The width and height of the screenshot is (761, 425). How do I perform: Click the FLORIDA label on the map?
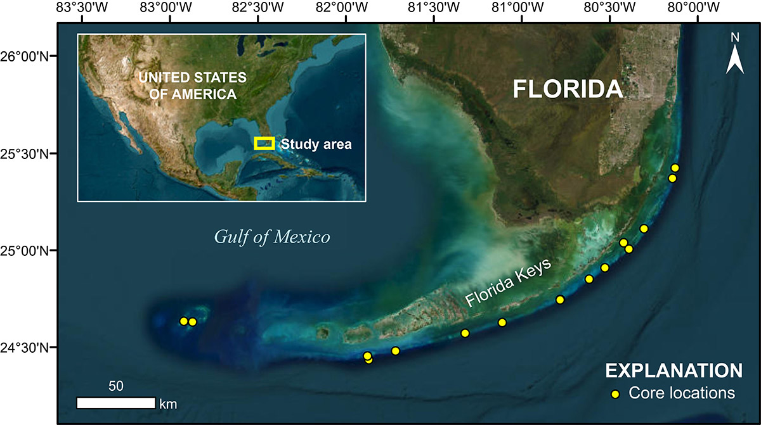tap(568, 89)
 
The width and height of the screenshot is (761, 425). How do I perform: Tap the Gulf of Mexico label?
tap(272, 238)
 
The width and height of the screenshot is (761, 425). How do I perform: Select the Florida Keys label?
tap(509, 282)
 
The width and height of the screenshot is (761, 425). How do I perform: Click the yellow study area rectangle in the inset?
tap(264, 143)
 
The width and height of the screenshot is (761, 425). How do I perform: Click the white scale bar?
tap(116, 403)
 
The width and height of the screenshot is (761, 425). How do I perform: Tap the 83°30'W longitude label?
tap(82, 8)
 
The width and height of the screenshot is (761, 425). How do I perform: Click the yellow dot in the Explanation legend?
tap(615, 394)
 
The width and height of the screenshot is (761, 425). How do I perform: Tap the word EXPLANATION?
tap(673, 370)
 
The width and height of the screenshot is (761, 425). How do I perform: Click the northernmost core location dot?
tap(675, 168)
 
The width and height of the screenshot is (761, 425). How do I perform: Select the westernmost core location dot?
tap(184, 321)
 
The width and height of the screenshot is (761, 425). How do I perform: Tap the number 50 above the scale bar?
tap(116, 386)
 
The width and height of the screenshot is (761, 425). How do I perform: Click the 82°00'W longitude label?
tap(345, 8)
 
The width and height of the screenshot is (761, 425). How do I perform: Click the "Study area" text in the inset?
tap(316, 144)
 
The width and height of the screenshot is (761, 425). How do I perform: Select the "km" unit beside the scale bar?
tap(168, 403)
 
